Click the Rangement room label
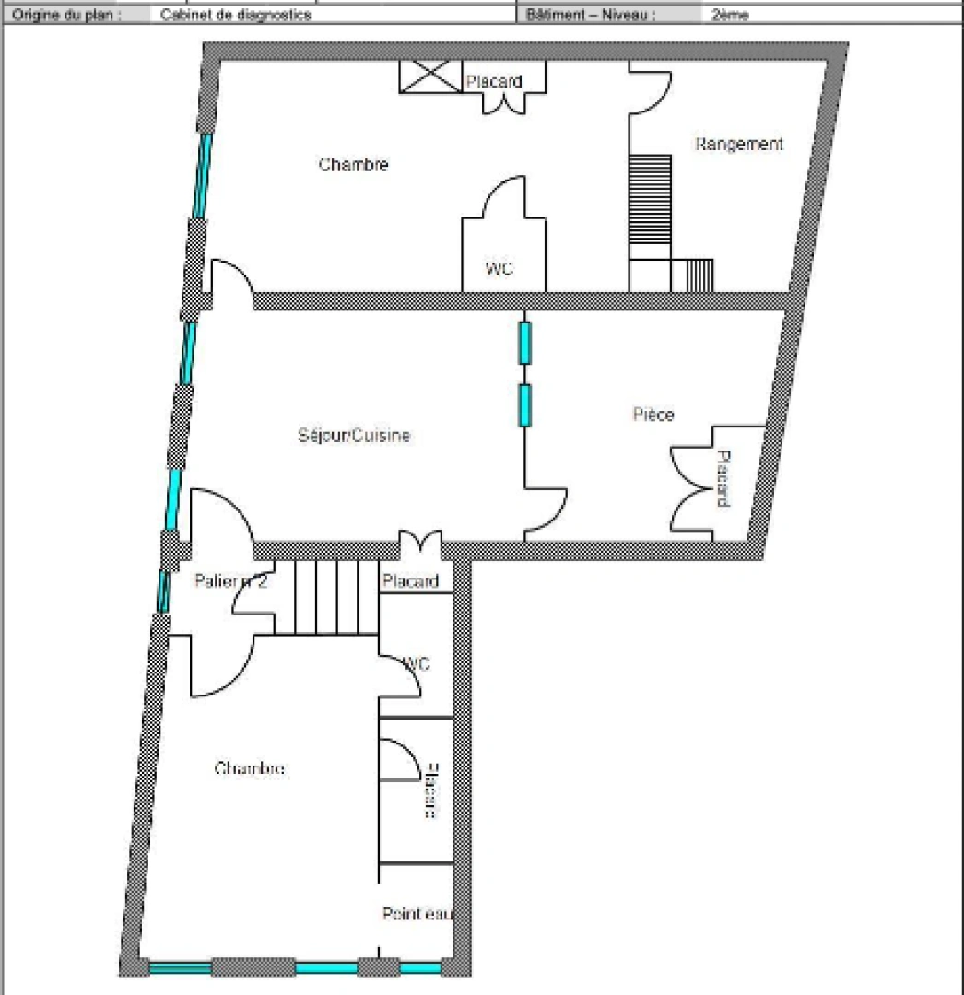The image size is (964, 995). (739, 144)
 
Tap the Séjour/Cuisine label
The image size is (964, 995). (354, 436)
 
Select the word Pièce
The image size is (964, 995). (652, 415)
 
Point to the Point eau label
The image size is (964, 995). (417, 914)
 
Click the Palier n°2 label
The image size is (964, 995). (230, 581)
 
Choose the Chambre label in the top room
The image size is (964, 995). (353, 165)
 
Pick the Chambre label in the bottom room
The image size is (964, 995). (249, 768)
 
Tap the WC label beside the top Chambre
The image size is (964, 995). (500, 269)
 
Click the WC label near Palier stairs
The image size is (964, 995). (416, 663)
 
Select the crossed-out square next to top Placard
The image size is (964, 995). (429, 76)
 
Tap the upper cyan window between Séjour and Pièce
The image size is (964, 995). (524, 342)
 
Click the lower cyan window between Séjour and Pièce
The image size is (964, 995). (524, 405)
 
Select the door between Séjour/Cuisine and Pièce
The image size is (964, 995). (547, 512)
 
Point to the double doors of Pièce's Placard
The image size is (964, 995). (691, 479)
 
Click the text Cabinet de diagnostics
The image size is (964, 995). (235, 15)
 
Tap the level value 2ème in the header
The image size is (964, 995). (730, 15)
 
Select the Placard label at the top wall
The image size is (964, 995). (494, 82)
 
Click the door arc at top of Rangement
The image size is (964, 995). (651, 88)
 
